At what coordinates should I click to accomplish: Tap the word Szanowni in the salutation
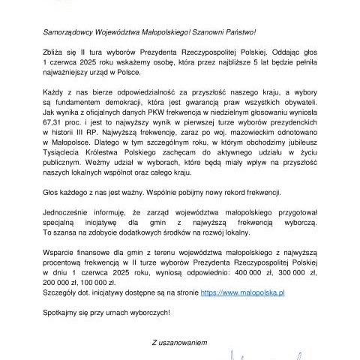[214, 33]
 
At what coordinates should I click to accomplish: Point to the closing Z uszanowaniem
[180, 343]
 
